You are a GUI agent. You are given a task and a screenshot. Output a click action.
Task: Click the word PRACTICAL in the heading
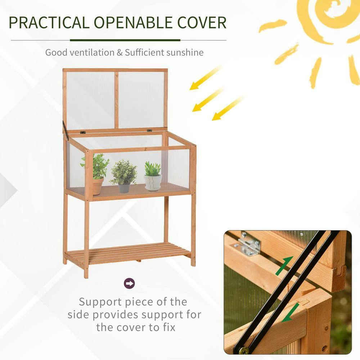click(x=49, y=23)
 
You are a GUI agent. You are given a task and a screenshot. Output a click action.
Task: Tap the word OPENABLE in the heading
click(x=133, y=23)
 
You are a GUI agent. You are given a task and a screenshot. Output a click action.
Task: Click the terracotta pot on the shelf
click(x=98, y=186)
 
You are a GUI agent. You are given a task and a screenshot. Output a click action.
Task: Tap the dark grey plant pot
click(x=124, y=188)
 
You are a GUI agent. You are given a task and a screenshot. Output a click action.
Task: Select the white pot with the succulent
click(x=153, y=183)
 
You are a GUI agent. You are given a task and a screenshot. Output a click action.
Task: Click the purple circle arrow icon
click(x=129, y=283)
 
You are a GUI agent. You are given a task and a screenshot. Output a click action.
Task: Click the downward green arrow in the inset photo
click(x=291, y=312)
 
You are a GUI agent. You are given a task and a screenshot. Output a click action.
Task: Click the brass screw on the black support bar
click(x=244, y=350)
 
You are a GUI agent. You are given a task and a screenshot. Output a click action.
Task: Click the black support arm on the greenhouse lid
click(x=66, y=130)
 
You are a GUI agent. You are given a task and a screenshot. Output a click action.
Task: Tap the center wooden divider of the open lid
click(x=117, y=100)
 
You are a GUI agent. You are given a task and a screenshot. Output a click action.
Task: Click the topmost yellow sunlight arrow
click(x=206, y=78)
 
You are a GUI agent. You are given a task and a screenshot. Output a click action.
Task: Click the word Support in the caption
click(x=100, y=302)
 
